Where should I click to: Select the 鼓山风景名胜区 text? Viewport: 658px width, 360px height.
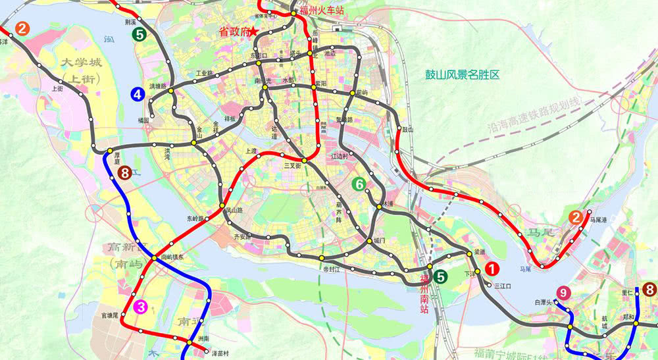point(462,75)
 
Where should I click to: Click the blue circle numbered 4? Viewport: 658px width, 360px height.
point(138,94)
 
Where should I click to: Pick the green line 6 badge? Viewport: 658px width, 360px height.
point(359,185)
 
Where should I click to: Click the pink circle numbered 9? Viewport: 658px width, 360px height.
point(563,292)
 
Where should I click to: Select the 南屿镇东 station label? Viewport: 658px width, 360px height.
point(172,257)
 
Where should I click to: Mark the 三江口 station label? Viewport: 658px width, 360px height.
point(502,285)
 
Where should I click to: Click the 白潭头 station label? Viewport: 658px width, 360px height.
point(544,301)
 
